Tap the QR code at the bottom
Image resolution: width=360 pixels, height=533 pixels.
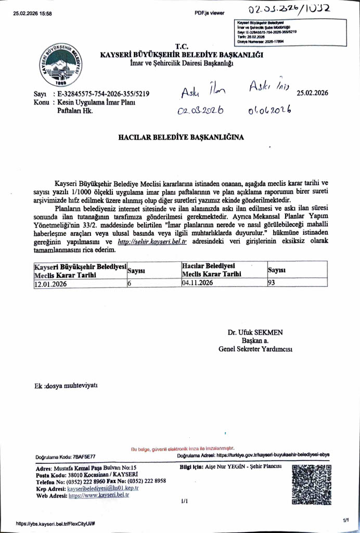pyautogui.click(x=311, y=486)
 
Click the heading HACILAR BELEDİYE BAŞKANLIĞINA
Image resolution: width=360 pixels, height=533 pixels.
pyautogui.click(x=181, y=138)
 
